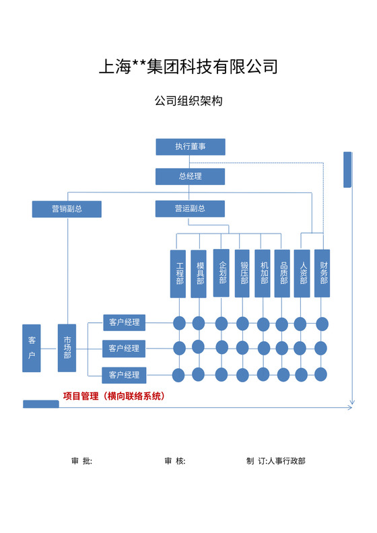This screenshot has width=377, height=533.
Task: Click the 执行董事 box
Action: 190,147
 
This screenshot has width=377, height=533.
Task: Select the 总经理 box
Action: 190,176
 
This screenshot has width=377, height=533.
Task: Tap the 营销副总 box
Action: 67,209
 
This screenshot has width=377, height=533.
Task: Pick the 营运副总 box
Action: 190,209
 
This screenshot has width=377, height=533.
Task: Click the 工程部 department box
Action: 179,273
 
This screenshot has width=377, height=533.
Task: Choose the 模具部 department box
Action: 199,273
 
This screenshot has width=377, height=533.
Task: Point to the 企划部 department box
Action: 221,273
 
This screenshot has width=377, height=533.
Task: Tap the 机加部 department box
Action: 263,273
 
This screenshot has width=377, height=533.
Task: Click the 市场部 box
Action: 67,348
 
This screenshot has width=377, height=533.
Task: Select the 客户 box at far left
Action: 31,348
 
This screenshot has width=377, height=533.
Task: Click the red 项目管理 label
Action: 114,396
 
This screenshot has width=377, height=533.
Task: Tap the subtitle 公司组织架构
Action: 188,101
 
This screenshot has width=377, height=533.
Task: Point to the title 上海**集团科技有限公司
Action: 188,67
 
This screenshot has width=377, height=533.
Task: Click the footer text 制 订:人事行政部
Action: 275,461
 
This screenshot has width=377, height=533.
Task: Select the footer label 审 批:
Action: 81,461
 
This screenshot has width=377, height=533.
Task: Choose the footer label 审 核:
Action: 174,461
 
